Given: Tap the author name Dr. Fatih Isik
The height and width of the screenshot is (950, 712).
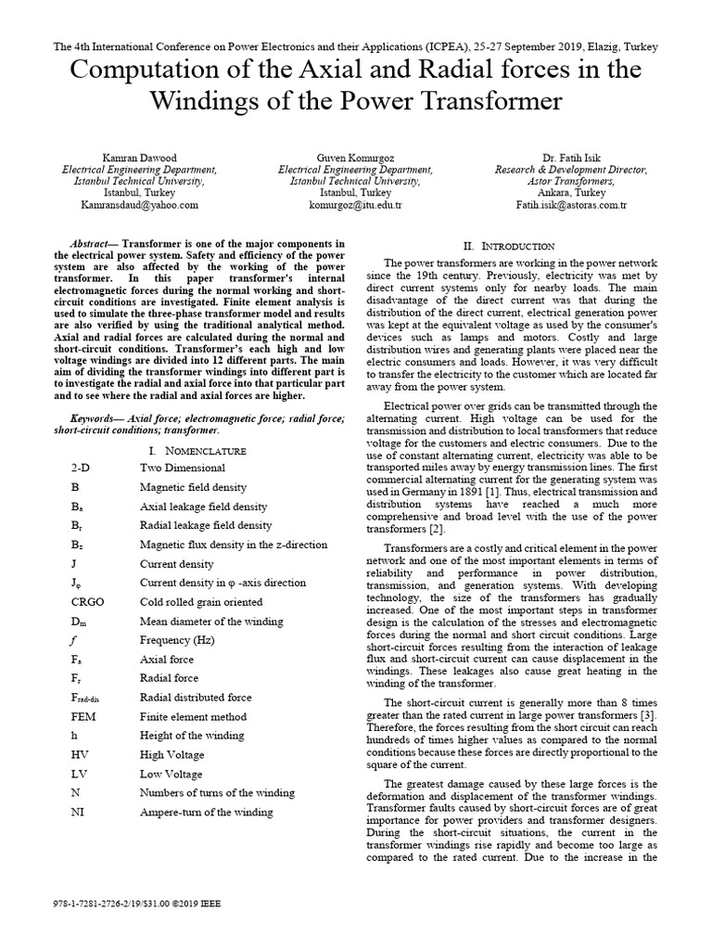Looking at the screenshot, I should coord(571,158).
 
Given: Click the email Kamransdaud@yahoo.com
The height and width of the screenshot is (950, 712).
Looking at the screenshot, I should coord(139,204).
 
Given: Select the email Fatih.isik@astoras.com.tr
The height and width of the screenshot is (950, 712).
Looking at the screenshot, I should coord(571,204).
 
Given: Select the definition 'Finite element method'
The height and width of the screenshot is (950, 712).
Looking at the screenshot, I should coord(193,717).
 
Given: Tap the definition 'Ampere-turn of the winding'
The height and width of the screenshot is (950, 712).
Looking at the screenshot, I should coord(206,813).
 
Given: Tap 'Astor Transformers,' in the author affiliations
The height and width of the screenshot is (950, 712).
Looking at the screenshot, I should coord(571,181).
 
